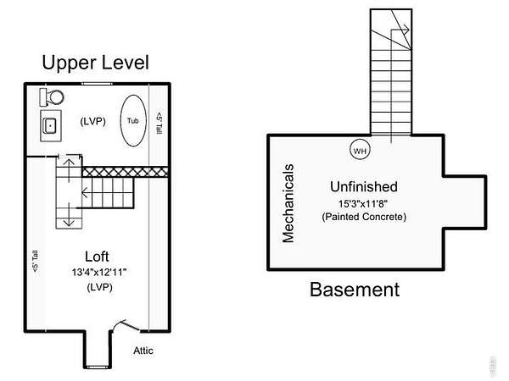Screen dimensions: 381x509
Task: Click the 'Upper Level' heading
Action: point(95,63)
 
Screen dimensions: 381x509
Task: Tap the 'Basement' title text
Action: point(354,290)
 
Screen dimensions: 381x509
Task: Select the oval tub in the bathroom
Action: point(132,120)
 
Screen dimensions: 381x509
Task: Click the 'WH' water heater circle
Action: point(360,151)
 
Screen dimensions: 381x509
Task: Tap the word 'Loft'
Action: point(98,256)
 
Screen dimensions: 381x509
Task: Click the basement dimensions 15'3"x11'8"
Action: point(364,202)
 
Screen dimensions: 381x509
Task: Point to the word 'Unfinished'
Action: point(364,186)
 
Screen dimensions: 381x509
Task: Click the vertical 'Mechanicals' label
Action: point(288,203)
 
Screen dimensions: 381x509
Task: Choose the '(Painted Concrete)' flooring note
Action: point(364,217)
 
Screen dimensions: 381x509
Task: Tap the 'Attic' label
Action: point(143,351)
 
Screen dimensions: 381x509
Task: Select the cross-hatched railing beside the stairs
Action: point(125,171)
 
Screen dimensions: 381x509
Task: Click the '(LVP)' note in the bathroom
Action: point(92,120)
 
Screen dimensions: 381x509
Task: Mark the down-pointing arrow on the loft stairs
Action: point(68,219)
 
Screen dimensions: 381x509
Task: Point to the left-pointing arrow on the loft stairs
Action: point(87,193)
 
